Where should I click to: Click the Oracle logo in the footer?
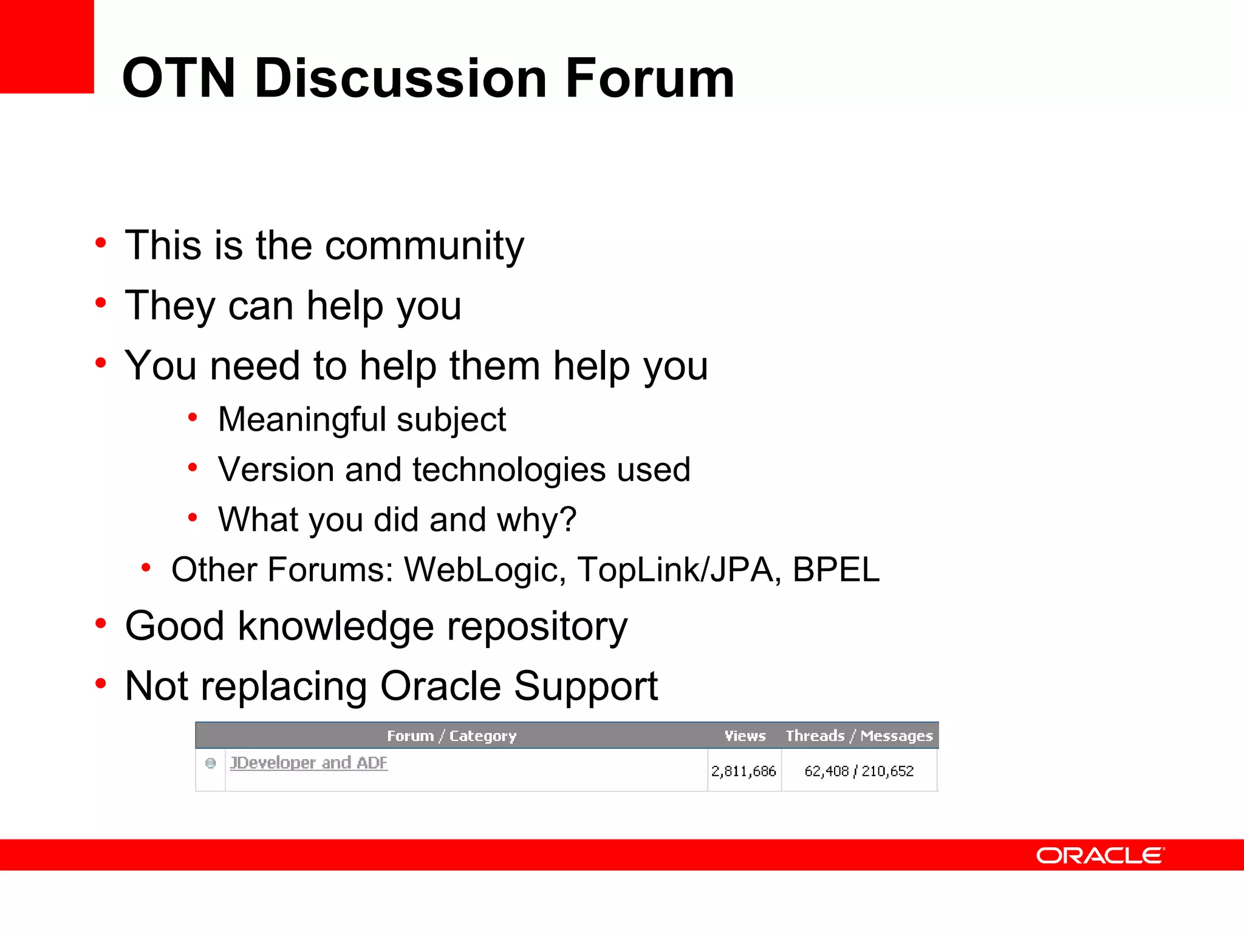coord(1100,855)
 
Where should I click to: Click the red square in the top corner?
coord(47,46)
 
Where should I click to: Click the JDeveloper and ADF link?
coord(309,763)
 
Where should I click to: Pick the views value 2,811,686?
coord(743,771)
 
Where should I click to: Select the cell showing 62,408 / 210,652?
coord(859,771)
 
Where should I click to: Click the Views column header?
coord(745,736)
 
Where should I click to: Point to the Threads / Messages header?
coord(859,736)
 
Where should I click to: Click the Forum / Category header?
coord(451,736)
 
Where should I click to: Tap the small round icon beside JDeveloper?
coord(211,764)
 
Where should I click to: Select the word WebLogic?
coord(485,570)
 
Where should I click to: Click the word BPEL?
coord(836,570)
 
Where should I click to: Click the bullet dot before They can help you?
coord(101,302)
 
